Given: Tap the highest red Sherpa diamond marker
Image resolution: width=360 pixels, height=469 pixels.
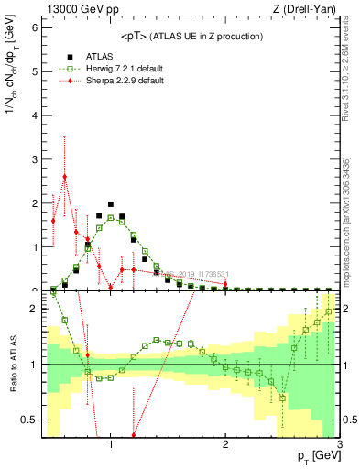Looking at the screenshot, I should (64, 176).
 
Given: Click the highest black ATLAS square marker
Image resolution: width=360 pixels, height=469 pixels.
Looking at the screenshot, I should (111, 204).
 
